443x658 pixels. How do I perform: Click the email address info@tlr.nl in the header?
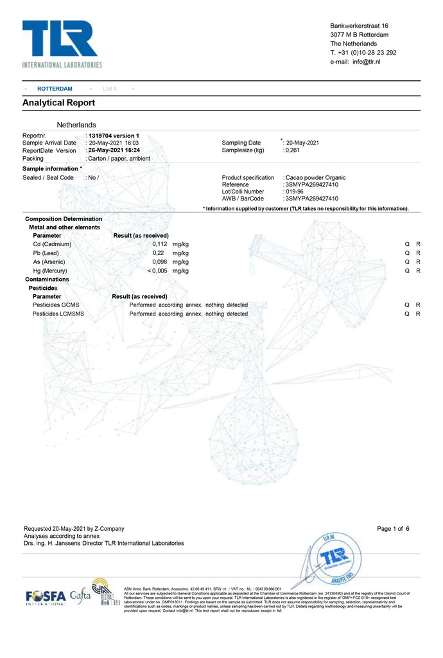click(x=367, y=62)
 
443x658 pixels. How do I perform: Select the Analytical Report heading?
click(x=58, y=103)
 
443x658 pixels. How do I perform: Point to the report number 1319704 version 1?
click(x=114, y=136)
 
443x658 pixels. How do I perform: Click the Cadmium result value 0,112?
click(x=159, y=244)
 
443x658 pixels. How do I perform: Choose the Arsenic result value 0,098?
click(x=159, y=262)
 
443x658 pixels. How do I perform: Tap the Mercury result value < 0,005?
click(x=157, y=271)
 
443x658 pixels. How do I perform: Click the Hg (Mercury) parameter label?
click(x=50, y=271)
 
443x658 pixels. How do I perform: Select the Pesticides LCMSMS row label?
click(x=58, y=314)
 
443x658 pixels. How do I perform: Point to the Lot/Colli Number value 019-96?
click(x=295, y=191)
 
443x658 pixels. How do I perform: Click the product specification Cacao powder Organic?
click(x=316, y=177)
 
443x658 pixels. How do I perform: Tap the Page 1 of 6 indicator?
click(x=393, y=529)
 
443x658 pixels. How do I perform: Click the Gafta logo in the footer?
click(x=80, y=595)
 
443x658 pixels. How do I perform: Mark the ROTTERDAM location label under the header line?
click(x=55, y=89)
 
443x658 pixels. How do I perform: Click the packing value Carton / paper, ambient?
click(x=119, y=158)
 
